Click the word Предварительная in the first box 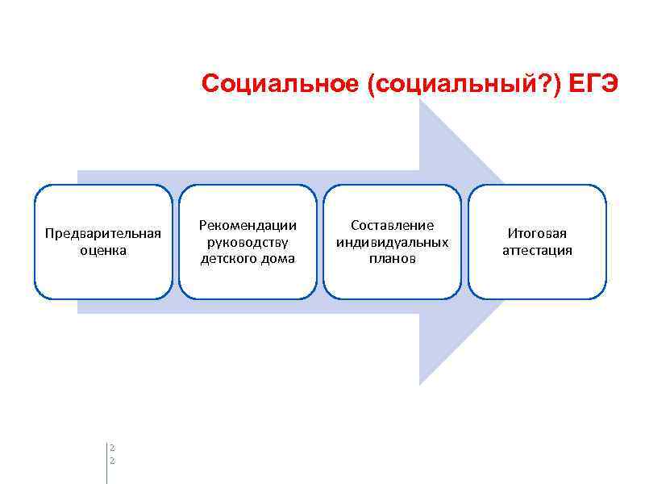point(103,233)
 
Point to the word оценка point(103,250)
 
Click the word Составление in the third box point(393,225)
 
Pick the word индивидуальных point(393,242)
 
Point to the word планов point(393,259)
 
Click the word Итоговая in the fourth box point(537,233)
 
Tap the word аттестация point(537,250)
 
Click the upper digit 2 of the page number point(112,447)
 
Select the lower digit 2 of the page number point(112,460)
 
